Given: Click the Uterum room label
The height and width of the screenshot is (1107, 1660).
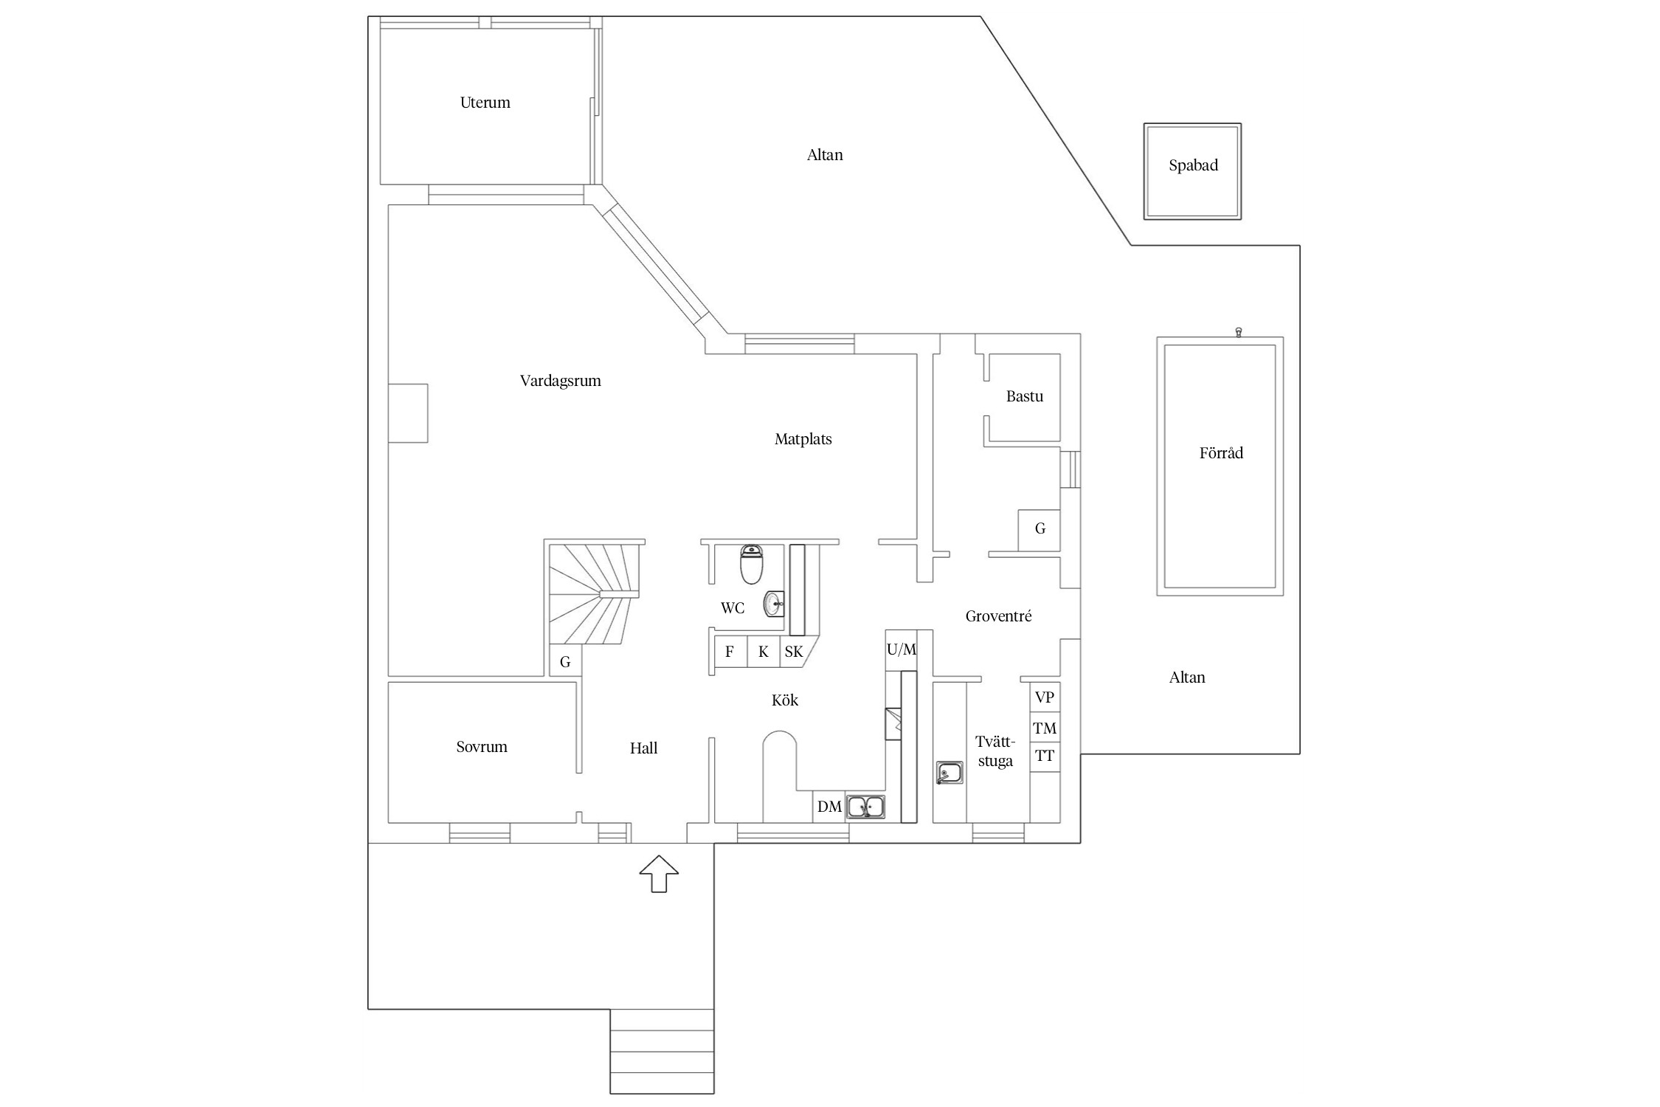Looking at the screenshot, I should [x=485, y=103].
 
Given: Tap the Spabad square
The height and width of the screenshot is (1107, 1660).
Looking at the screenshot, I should [x=1192, y=171].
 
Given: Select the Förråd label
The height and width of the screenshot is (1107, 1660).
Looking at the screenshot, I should [x=1220, y=453].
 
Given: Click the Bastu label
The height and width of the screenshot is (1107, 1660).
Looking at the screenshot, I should [x=1024, y=396].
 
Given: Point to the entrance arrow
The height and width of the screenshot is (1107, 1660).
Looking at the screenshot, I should [x=658, y=874].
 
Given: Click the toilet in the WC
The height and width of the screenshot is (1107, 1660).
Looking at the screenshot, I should [x=751, y=565].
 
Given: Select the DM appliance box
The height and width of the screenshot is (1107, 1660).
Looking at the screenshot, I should [x=829, y=807].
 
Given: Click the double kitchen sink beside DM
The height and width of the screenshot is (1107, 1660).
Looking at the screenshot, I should [x=865, y=807].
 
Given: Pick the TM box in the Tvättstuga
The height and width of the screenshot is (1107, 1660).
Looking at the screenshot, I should [x=1044, y=728].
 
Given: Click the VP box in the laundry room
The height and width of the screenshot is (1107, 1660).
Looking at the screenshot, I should [x=1044, y=697].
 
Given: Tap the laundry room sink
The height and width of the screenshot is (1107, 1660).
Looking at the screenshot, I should [x=949, y=773].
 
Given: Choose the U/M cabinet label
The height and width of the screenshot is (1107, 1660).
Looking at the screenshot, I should [x=901, y=649].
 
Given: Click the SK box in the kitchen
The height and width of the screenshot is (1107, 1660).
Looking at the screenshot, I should [x=793, y=652].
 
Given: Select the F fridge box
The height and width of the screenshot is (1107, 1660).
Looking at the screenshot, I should [x=730, y=652].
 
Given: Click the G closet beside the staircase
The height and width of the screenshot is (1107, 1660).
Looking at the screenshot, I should [x=565, y=662].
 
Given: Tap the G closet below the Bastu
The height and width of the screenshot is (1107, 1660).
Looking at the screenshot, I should [x=1040, y=528].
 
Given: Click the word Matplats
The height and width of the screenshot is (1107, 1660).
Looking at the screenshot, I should [x=803, y=439].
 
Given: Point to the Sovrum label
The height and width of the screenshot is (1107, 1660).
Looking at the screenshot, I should [x=481, y=747].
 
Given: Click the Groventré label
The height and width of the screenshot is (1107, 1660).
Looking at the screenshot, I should [x=997, y=616].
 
